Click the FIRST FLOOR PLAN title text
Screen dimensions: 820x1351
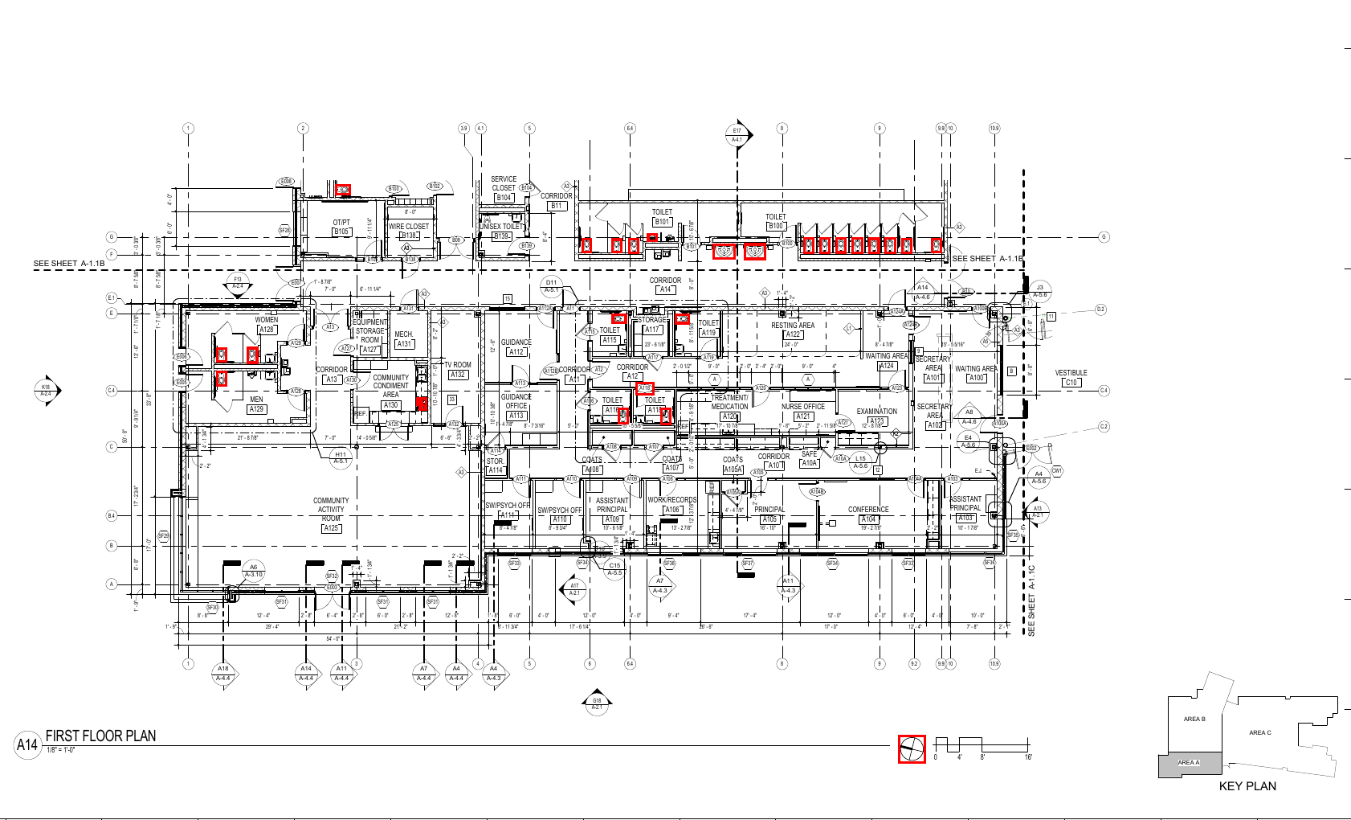[100, 736]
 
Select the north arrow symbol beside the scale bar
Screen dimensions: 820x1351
[912, 749]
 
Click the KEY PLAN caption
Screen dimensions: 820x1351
[1247, 786]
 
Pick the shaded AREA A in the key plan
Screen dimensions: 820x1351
[1190, 765]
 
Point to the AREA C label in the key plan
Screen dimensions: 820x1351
[1260, 732]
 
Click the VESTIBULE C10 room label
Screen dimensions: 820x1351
[1071, 377]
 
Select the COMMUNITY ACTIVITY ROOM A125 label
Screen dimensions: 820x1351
[331, 514]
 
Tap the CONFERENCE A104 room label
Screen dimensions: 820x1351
[868, 514]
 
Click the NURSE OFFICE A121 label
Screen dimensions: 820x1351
[803, 411]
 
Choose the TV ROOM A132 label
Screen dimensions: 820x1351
[458, 369]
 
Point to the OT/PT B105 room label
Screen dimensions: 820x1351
[341, 227]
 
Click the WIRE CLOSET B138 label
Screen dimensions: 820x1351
[409, 231]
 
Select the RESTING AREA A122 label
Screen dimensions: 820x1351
[793, 330]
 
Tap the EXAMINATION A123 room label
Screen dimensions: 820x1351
[876, 416]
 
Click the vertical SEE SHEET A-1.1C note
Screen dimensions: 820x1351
[1032, 601]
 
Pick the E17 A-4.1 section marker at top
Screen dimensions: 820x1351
[737, 134]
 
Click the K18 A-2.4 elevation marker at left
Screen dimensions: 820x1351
[47, 390]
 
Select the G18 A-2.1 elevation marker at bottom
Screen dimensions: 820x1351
[597, 703]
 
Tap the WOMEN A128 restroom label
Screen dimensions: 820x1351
[267, 324]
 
